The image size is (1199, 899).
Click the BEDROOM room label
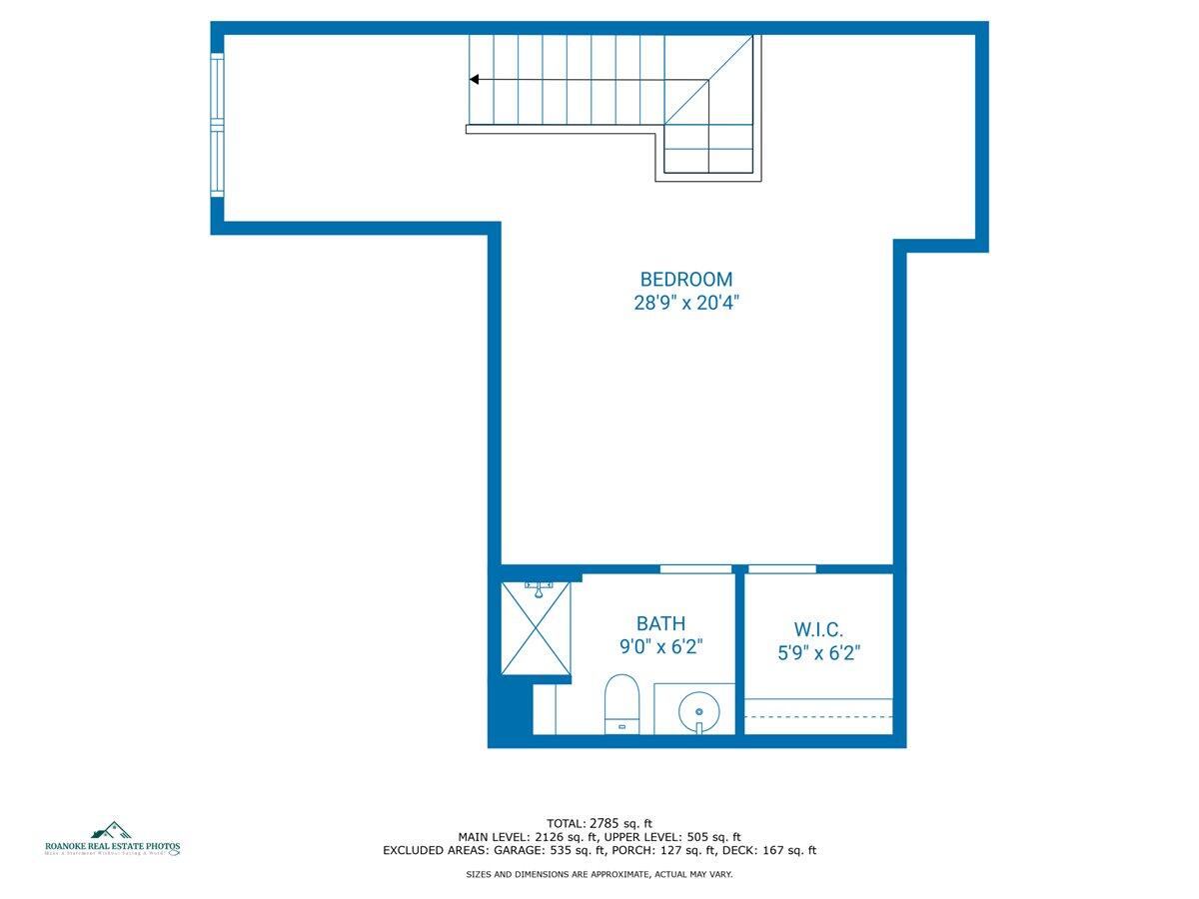(685, 280)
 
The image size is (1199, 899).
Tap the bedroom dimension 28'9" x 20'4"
(685, 303)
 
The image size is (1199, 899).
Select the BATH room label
(660, 624)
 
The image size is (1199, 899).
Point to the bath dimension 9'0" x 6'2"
(660, 647)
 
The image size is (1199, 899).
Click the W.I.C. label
(819, 630)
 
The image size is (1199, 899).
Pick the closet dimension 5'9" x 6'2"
(819, 654)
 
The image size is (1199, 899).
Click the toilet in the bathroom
(621, 703)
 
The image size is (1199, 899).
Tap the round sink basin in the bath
(698, 711)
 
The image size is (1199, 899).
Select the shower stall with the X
(535, 628)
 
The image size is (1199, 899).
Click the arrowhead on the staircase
(475, 79)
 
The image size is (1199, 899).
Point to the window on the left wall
(217, 125)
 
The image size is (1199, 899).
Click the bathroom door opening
(695, 568)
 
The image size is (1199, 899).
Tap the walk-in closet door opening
(782, 568)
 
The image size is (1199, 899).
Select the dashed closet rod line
(818, 716)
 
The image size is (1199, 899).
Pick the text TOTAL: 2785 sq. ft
(599, 823)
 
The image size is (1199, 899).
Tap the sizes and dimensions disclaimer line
(599, 874)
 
